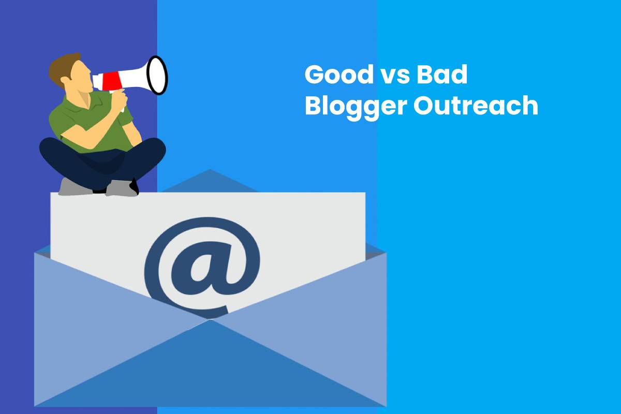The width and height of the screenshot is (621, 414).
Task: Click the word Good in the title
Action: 339,75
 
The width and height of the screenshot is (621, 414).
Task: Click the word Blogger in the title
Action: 356,107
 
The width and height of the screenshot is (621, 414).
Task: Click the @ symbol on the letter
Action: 202,267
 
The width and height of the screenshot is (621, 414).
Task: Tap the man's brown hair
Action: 63,69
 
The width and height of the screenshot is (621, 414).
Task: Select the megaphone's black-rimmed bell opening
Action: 157,75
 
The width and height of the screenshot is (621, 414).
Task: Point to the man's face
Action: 80,76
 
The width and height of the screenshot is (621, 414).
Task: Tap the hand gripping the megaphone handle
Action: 119,100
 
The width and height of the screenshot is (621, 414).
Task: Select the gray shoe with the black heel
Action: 122,188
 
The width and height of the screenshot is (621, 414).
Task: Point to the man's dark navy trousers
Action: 102,161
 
